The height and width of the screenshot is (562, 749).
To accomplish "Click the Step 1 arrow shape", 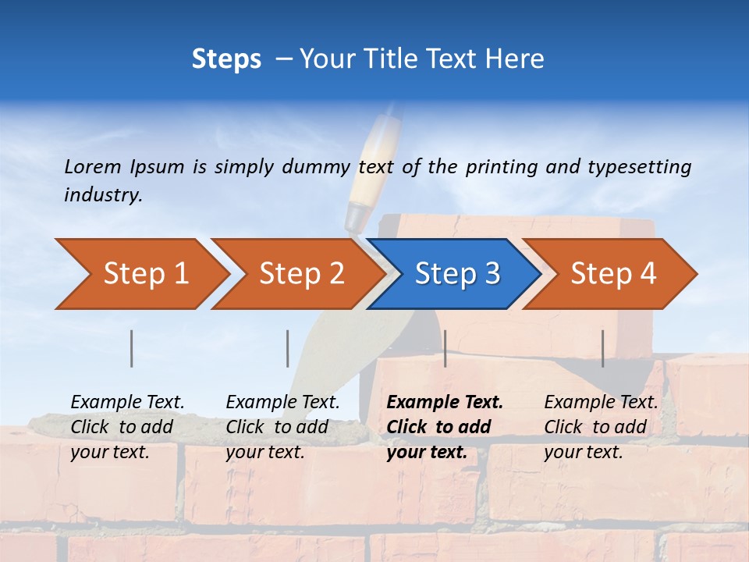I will (x=140, y=273).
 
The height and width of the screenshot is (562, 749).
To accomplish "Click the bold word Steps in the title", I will (x=226, y=59).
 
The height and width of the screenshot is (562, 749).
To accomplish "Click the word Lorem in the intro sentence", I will (x=93, y=166).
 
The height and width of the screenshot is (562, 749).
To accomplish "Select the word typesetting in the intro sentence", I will (x=639, y=166).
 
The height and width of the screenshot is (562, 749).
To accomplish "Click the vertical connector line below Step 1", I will (x=132, y=348).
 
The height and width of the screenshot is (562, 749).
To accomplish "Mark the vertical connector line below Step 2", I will (x=288, y=348).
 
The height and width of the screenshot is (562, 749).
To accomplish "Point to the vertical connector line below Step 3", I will (x=445, y=348).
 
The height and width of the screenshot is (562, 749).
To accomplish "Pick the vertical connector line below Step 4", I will (x=602, y=348).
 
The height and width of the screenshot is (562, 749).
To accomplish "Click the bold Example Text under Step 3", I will (x=445, y=403).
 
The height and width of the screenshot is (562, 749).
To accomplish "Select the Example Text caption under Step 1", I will (x=128, y=403).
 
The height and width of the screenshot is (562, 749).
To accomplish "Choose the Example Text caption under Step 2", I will (x=282, y=403).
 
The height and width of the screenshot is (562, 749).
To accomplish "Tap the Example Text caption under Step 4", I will (x=601, y=403).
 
